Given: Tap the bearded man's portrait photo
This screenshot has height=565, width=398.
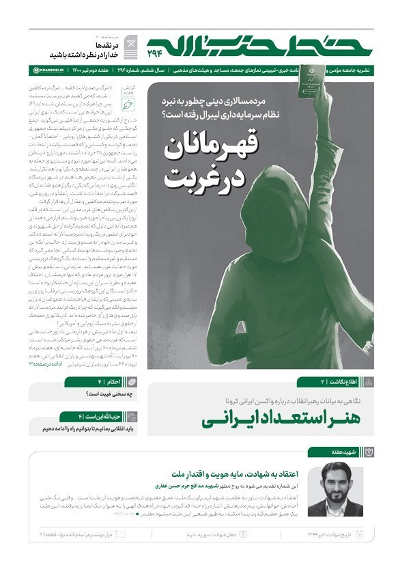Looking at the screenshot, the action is click(326, 490).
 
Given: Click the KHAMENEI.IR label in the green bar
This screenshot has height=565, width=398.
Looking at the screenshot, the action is click(50, 70).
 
